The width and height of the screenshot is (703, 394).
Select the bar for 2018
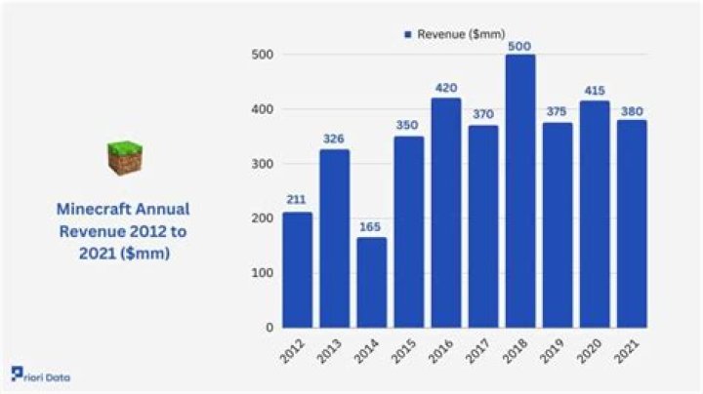click(520, 191)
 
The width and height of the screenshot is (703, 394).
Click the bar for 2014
click(371, 282)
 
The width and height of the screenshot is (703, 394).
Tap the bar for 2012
click(297, 269)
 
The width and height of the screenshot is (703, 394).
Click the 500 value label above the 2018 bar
click(520, 44)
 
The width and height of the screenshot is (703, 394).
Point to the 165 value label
click(371, 226)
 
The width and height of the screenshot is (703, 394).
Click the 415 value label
click(595, 90)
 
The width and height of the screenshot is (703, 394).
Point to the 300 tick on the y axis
click(262, 164)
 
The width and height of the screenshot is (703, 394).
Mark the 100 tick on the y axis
click(262, 273)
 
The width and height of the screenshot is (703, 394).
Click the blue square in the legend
click(408, 34)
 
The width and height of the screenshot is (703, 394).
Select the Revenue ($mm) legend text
click(461, 34)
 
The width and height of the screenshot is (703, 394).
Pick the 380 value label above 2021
click(632, 109)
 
